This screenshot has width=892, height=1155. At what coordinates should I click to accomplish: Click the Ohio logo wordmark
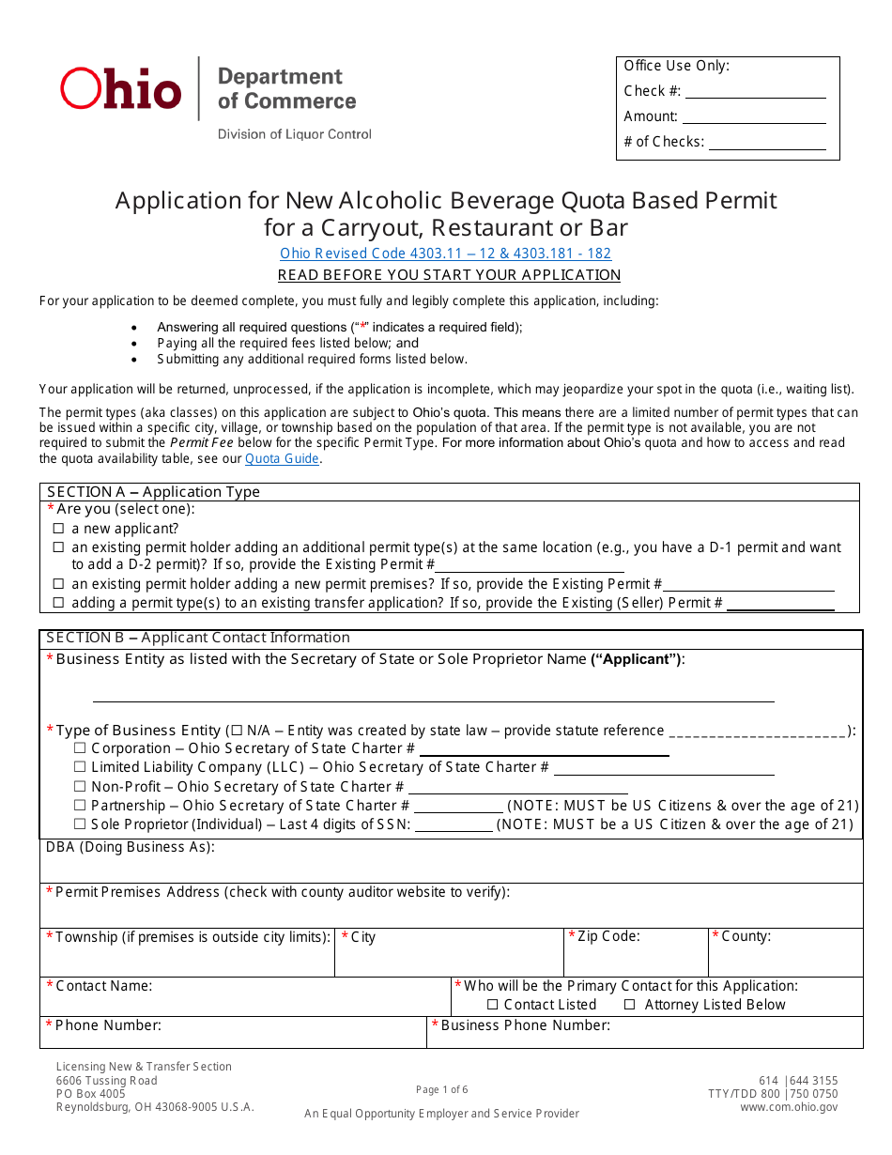[121, 89]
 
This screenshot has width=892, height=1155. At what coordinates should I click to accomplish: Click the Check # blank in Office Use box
[755, 92]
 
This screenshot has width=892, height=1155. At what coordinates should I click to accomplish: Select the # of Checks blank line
[767, 143]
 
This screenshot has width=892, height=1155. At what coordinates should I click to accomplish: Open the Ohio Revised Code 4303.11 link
[445, 254]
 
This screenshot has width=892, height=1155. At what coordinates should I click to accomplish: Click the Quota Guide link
[282, 459]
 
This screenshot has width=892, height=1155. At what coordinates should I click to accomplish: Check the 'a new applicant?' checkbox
[58, 530]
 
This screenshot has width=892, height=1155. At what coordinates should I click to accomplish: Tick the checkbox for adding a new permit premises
[58, 585]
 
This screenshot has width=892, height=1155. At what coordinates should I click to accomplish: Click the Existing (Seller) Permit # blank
[780, 604]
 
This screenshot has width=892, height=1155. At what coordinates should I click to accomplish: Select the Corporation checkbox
[80, 749]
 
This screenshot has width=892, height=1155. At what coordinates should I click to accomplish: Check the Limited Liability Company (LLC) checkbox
[80, 768]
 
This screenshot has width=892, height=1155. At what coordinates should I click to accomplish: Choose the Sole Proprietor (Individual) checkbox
[80, 825]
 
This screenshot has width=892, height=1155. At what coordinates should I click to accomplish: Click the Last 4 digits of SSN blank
[454, 826]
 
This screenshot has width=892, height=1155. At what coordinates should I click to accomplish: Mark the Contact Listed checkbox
[493, 1006]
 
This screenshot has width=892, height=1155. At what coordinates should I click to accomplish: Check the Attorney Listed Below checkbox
[630, 1006]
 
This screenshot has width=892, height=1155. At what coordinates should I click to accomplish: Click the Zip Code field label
[608, 937]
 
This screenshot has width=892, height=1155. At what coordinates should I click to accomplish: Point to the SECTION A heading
[153, 492]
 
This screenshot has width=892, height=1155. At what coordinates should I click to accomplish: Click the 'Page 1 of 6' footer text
[441, 1090]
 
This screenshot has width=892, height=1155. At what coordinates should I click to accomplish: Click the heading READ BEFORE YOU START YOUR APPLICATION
[449, 275]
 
